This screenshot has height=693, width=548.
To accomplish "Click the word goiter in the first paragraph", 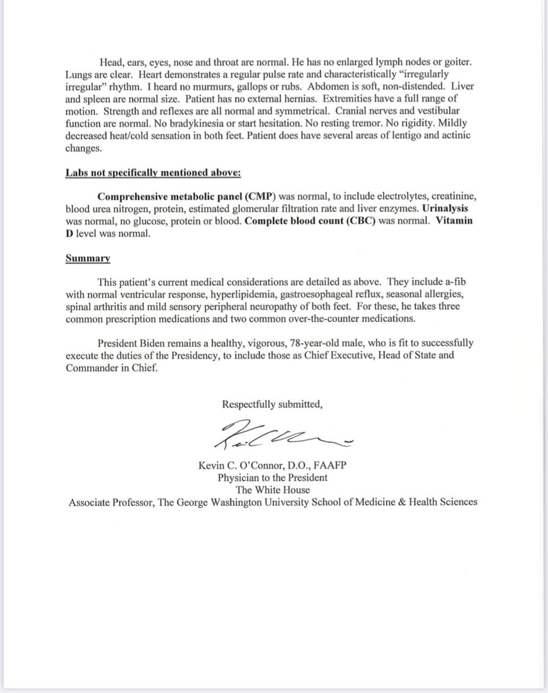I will (457, 62).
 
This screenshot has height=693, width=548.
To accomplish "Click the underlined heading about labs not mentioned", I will (153, 173).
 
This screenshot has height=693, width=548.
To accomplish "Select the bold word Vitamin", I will (454, 221).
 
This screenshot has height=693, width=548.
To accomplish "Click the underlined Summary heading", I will (88, 258).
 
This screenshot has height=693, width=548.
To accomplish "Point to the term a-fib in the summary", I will (454, 282).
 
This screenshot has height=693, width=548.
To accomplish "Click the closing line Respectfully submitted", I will (272, 404).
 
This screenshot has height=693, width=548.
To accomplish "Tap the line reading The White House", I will (272, 490).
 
